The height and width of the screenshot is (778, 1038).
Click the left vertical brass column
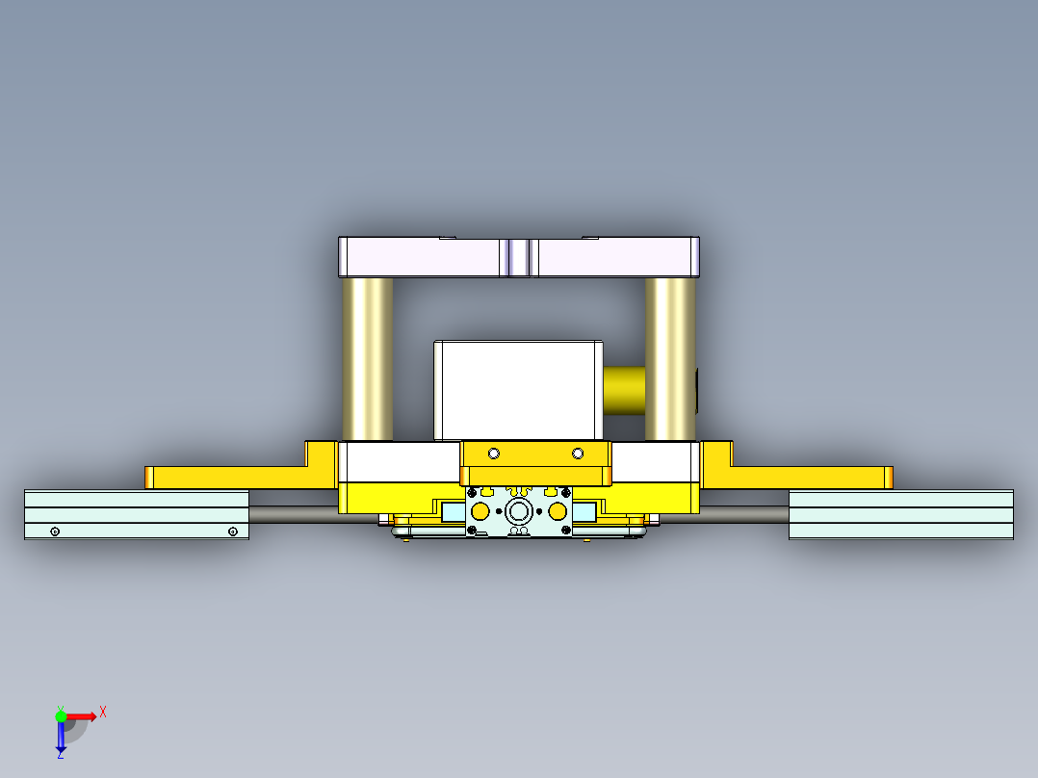(367, 358)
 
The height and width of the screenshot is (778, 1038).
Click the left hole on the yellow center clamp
(494, 454)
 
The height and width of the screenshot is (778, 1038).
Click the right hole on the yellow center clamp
(578, 454)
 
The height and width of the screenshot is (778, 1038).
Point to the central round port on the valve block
(520, 510)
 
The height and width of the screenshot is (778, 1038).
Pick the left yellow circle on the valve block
(480, 510)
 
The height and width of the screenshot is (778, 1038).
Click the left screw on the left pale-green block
(55, 532)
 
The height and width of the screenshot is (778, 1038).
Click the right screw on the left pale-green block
(232, 532)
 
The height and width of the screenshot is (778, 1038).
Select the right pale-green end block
(900, 514)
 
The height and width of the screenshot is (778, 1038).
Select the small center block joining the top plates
(518, 258)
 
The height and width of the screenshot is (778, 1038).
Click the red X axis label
(103, 713)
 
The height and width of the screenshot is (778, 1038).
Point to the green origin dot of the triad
(61, 716)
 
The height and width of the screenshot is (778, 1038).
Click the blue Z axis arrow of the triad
(61, 739)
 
